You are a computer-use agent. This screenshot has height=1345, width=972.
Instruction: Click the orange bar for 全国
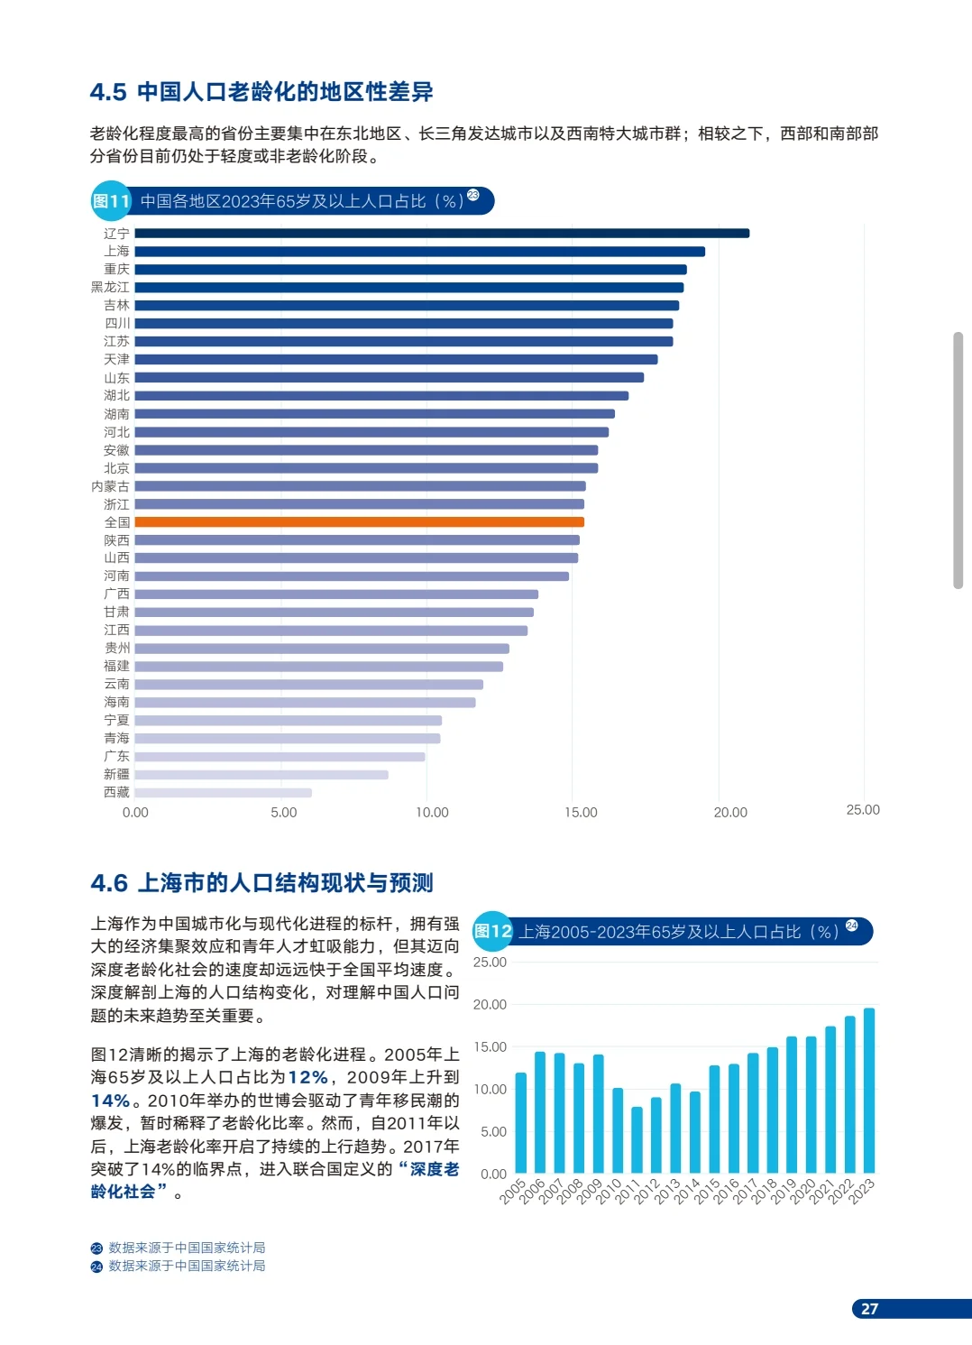pos(359,522)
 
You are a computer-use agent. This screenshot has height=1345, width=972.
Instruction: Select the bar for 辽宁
pos(442,234)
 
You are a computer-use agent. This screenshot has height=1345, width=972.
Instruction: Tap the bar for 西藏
pos(223,793)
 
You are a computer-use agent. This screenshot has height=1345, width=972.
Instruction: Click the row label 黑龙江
pos(110,288)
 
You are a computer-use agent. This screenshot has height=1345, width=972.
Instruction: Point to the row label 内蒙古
pos(110,486)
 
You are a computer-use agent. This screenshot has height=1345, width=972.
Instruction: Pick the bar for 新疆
pos(261,775)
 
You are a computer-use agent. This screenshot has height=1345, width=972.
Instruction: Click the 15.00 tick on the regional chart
pos(581,813)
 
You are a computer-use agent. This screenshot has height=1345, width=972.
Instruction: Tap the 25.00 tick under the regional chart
pos(863,810)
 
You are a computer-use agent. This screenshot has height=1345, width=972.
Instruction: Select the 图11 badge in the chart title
pos(112,201)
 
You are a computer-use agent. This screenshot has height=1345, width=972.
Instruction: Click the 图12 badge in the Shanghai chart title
pos(493,932)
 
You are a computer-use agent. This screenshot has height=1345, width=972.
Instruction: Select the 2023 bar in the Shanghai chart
pos(869,1091)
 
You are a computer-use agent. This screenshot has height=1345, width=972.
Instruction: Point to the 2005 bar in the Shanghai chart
pos(520,1123)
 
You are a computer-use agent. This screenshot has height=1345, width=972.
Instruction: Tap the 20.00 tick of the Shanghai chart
pos(490,1005)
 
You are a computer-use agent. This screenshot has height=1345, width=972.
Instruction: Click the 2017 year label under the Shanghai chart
pos(745,1191)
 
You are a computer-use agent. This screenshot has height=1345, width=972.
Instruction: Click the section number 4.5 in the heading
pos(108,92)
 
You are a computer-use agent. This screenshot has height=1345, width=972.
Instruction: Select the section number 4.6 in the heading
pos(109,883)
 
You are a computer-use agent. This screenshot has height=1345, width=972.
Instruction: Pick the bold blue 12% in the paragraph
pos(307,1078)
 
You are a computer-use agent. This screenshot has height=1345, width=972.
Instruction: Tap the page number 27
pos(869,1309)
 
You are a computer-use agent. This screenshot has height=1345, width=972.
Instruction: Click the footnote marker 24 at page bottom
pos(96,1267)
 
